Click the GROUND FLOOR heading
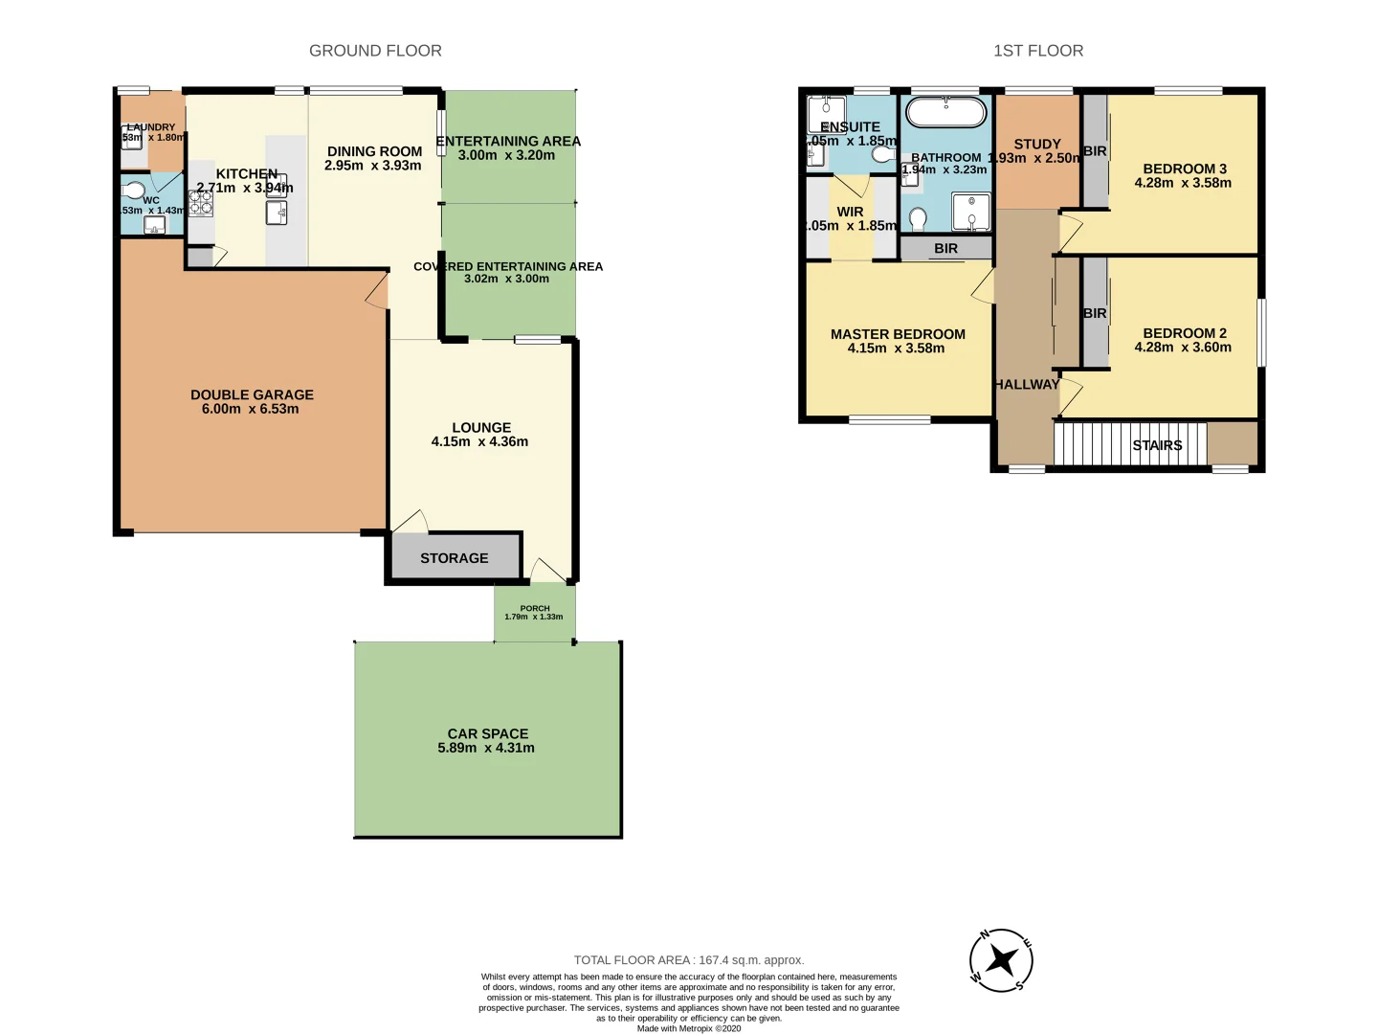click(375, 51)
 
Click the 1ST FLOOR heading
click(1038, 51)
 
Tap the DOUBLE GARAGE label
click(252, 394)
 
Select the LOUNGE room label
click(480, 428)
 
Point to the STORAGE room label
click(454, 558)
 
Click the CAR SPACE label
click(487, 733)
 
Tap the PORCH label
click(534, 608)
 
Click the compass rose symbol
click(1001, 959)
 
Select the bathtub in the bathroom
click(945, 112)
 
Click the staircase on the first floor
click(1129, 444)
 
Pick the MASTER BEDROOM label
click(898, 334)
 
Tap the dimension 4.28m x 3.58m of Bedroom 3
click(1183, 183)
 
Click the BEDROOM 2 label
click(1184, 333)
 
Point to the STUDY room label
click(1037, 144)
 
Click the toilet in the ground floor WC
click(134, 190)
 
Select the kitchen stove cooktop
click(200, 203)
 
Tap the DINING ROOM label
click(374, 151)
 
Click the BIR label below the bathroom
click(945, 249)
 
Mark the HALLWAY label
click(1026, 384)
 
